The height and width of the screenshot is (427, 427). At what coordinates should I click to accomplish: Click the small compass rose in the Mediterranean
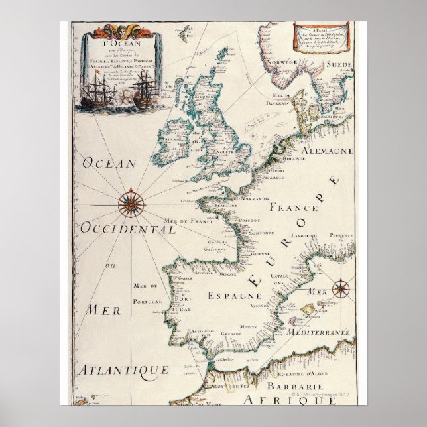[341, 288]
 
